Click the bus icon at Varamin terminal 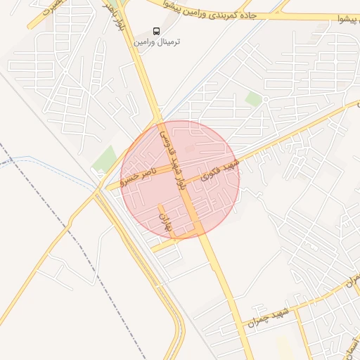pos(157,30)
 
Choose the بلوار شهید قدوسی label pos(172,158)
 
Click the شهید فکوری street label pos(221,169)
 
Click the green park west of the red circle pos(106,159)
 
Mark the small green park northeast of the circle pos(253,100)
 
